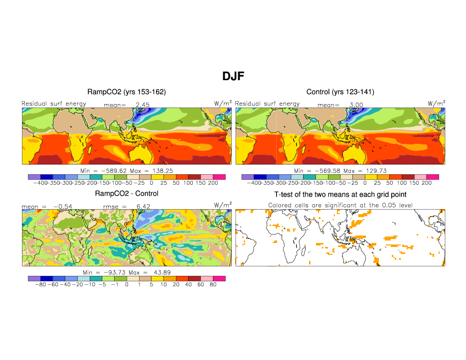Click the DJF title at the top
233,76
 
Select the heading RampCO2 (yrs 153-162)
127,92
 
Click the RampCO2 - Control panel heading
127,194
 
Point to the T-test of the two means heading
340,194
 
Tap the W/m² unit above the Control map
436,104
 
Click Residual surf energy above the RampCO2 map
54,104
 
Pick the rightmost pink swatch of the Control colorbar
432,177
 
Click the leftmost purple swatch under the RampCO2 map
34,177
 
